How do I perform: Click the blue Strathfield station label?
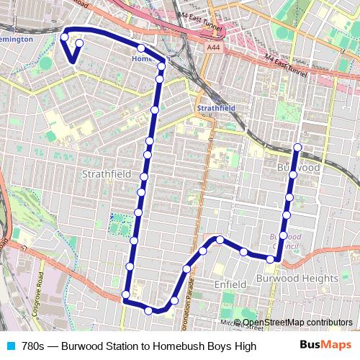[216, 108]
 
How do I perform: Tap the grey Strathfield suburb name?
[107, 174]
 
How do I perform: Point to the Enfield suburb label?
[230, 285]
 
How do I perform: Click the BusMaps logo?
[325, 346]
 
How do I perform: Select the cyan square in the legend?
[10, 346]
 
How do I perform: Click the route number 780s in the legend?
[35, 346]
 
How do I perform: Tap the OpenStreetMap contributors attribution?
[297, 322]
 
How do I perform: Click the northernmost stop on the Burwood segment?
[297, 148]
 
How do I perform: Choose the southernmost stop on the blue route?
[149, 310]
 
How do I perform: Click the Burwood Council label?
[283, 240]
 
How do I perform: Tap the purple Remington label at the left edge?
[16, 39]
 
